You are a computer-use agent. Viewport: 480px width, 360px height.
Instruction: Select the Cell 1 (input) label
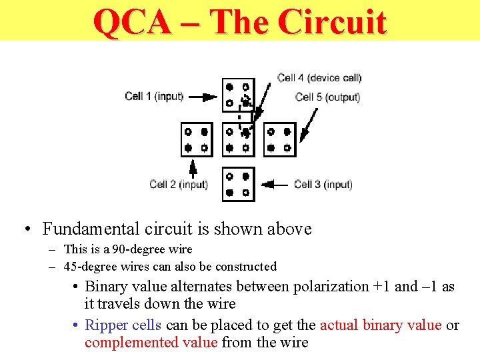click(154, 96)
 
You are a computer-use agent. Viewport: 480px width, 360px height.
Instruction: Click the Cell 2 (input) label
click(179, 184)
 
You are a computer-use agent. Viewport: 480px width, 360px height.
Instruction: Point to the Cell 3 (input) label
click(323, 184)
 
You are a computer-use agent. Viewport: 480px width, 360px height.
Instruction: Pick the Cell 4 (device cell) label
click(319, 78)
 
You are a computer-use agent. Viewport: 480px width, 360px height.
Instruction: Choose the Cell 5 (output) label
click(327, 97)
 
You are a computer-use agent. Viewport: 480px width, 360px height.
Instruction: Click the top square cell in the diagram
click(238, 95)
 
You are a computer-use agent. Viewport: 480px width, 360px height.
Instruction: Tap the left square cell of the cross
click(197, 139)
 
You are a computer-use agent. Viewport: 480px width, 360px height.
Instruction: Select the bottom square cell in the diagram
click(238, 184)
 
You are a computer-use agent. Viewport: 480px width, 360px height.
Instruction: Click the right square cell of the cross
click(279, 139)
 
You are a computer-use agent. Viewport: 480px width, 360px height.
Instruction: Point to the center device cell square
click(238, 139)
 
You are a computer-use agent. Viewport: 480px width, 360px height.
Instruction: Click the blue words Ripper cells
click(123, 325)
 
